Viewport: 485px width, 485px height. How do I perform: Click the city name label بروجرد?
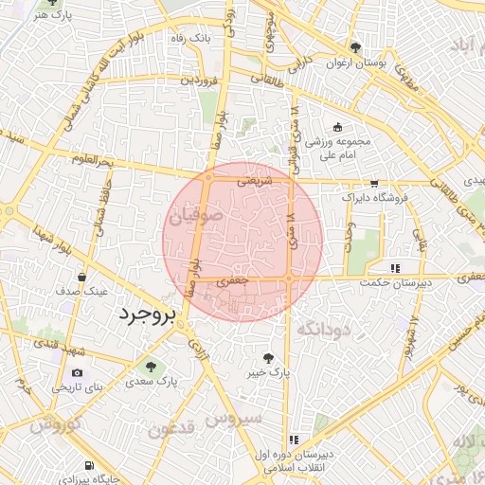[145, 315]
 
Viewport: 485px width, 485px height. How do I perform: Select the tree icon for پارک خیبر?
[269, 359]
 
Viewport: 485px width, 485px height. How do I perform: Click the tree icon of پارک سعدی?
[149, 365]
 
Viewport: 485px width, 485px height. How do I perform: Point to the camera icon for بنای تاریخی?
[78, 373]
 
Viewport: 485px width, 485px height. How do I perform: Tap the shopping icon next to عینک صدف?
[83, 278]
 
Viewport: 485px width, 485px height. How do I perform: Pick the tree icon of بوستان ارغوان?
[354, 47]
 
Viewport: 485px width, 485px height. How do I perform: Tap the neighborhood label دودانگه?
[324, 329]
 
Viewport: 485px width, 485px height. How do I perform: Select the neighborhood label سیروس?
[241, 418]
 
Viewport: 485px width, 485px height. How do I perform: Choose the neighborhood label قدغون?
[171, 428]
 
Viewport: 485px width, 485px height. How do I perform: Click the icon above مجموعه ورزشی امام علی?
[338, 127]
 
